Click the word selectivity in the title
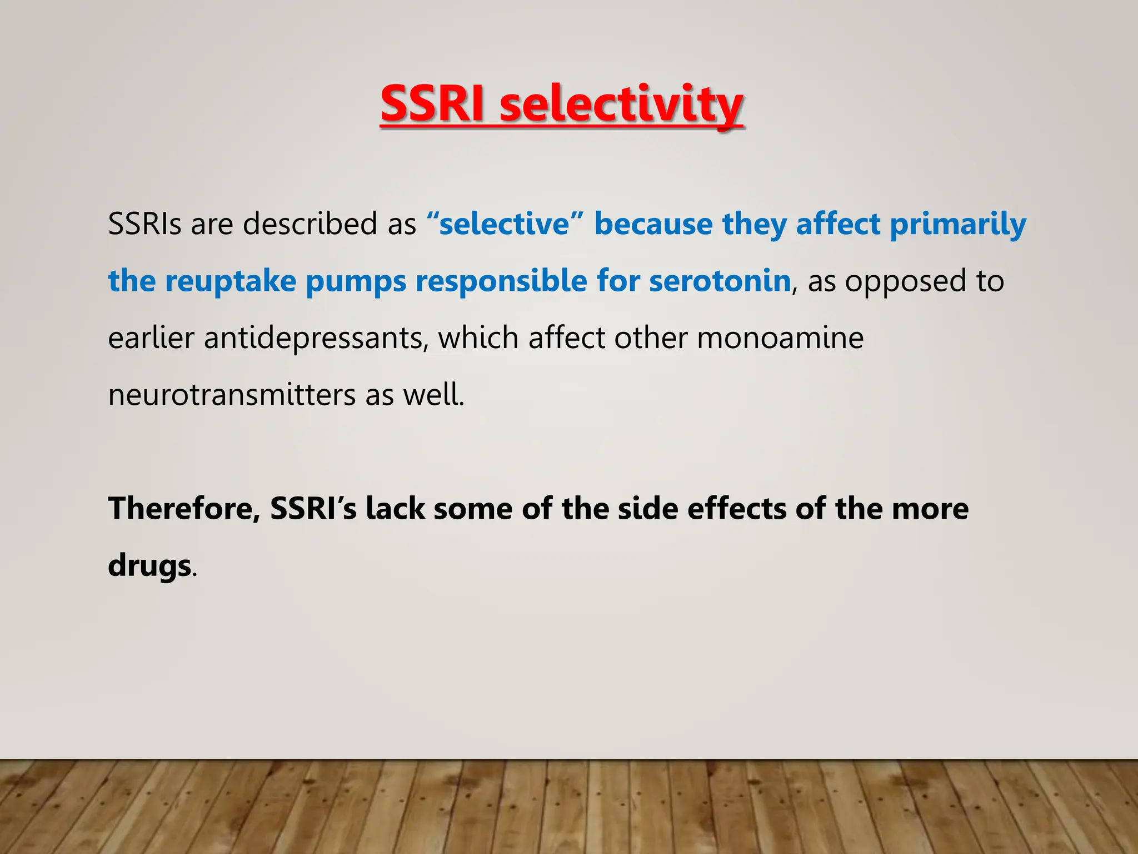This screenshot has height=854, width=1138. point(621,106)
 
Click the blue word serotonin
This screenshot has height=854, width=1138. point(720,281)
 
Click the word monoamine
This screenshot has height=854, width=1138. point(780,338)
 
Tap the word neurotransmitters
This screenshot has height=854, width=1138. point(232,395)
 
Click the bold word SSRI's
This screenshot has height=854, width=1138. point(313,509)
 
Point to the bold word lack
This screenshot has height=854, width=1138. point(395,509)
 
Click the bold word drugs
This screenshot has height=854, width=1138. point(149,567)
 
